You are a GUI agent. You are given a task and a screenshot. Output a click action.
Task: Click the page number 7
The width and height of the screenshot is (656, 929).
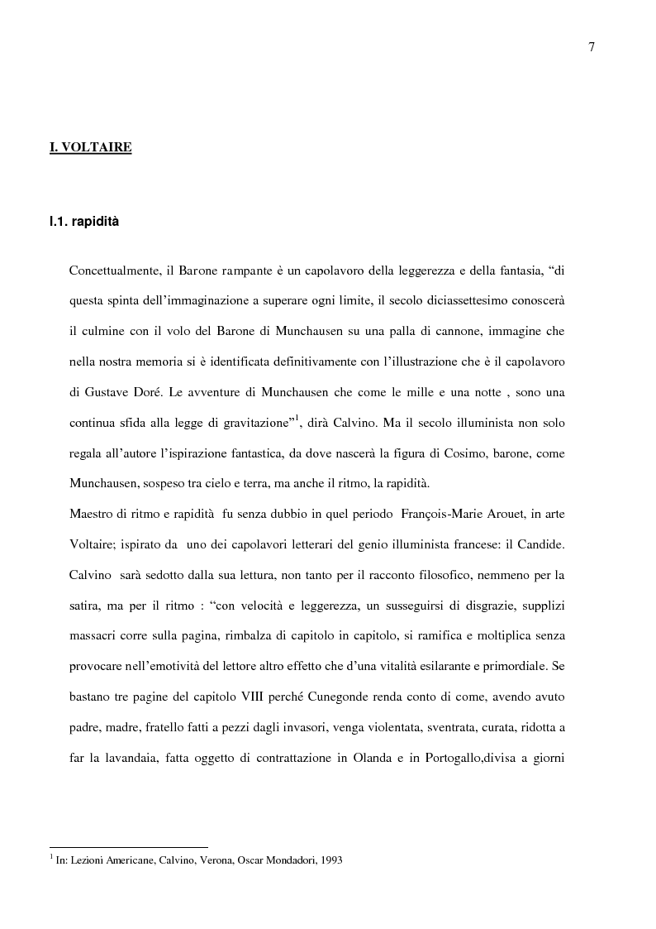[x=592, y=47]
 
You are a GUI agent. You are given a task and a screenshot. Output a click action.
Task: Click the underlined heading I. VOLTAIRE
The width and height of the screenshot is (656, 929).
[x=91, y=148]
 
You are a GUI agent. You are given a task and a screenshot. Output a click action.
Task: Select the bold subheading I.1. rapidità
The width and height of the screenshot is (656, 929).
[x=84, y=222]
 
